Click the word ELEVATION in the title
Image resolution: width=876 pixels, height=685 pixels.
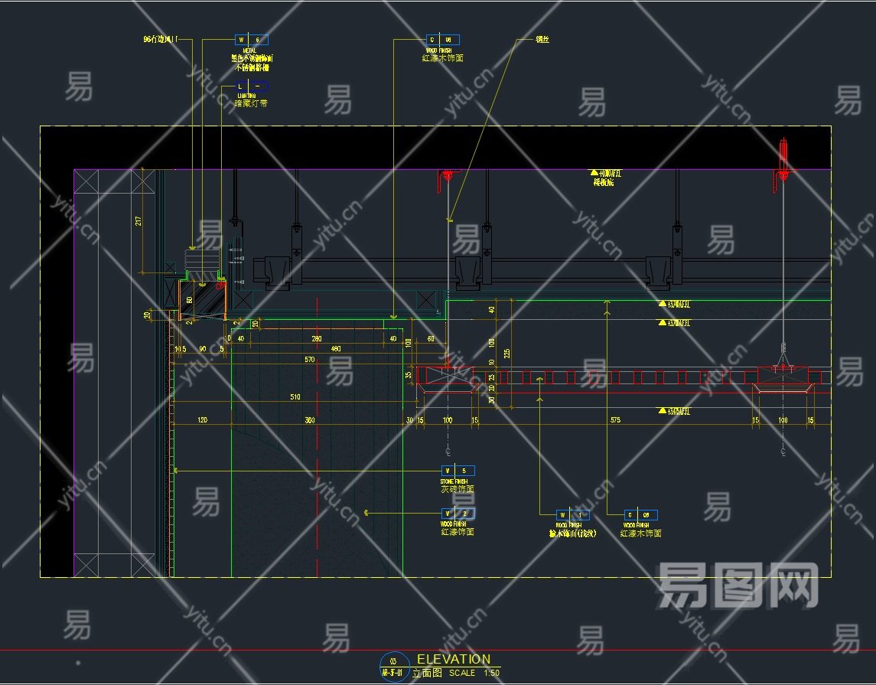454,659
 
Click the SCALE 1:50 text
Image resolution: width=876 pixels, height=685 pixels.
474,674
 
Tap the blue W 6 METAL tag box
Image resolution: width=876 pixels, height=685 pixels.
252,39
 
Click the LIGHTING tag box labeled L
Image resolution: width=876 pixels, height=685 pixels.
252,86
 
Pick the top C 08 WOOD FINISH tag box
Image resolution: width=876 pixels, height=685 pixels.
443,39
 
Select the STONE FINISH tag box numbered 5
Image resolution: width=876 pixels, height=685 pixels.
458,471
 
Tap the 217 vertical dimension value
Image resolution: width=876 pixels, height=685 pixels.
138,220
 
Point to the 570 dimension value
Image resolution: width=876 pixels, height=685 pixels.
310,359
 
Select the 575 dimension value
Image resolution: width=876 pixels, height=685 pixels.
615,420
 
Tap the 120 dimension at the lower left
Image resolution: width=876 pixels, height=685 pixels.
202,420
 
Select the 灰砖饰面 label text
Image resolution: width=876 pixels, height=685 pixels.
458,489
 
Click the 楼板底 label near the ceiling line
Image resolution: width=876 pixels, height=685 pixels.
605,182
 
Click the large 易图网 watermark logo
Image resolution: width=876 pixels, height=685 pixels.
738,586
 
